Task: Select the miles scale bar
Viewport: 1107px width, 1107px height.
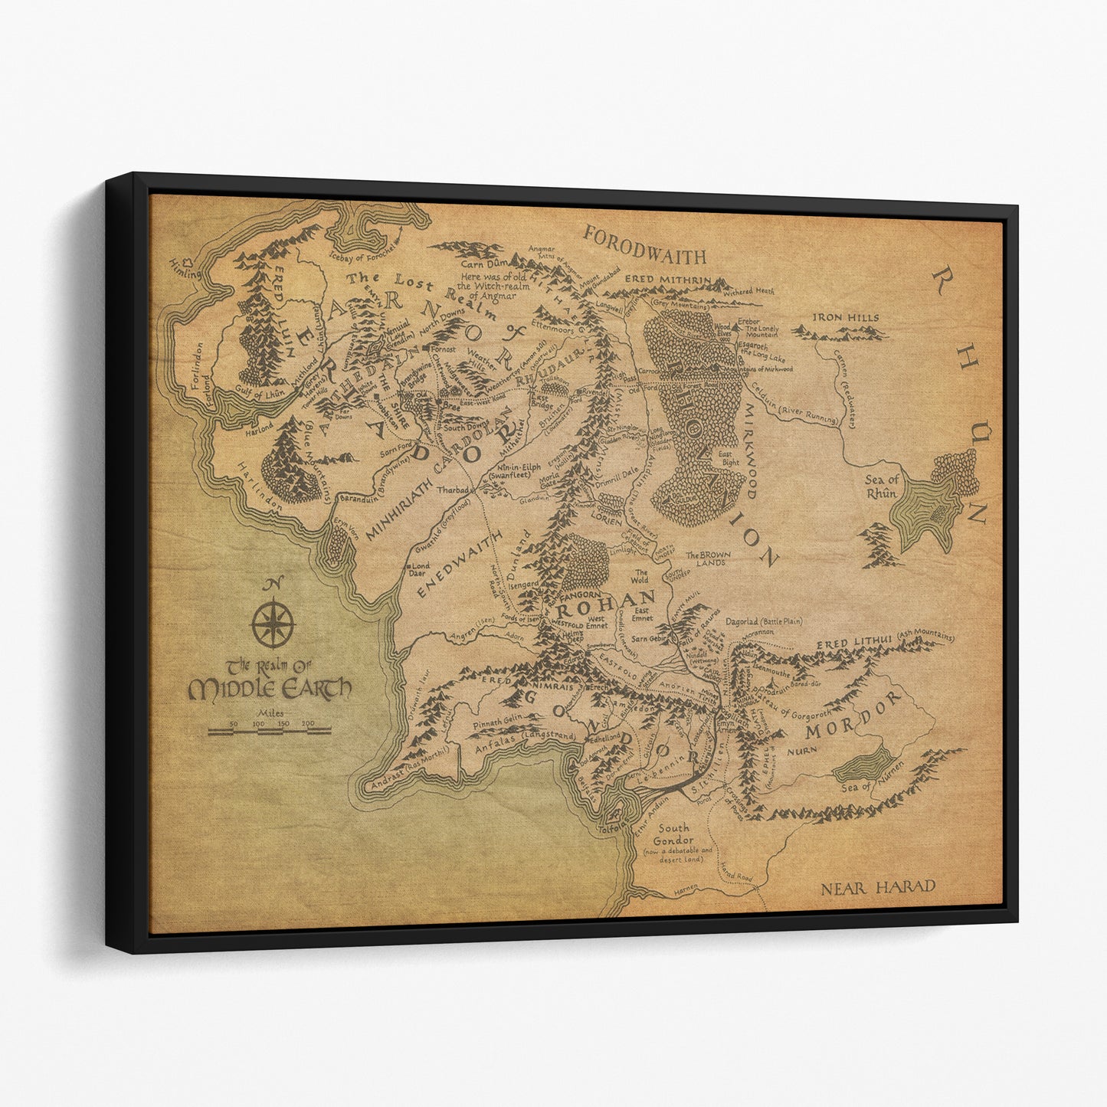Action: click(x=269, y=732)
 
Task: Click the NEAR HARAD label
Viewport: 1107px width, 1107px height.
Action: click(x=878, y=888)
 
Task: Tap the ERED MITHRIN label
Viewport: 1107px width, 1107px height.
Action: click(x=669, y=280)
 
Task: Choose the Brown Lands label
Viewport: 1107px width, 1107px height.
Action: click(x=707, y=559)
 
